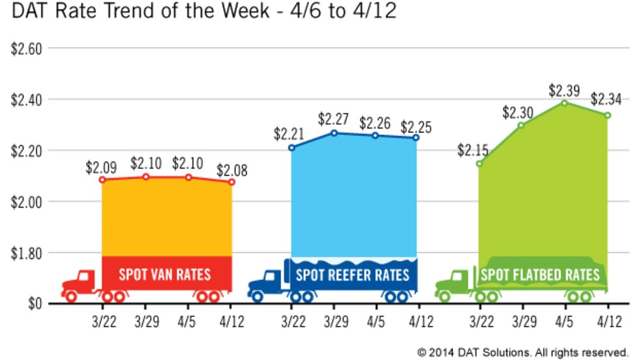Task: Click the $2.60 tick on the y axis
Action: [24, 48]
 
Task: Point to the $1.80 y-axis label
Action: [24, 252]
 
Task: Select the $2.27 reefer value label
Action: [333, 119]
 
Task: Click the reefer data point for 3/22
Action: [291, 147]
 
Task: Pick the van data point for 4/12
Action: [231, 182]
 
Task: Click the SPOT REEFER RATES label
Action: [353, 274]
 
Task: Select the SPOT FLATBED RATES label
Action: [540, 275]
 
